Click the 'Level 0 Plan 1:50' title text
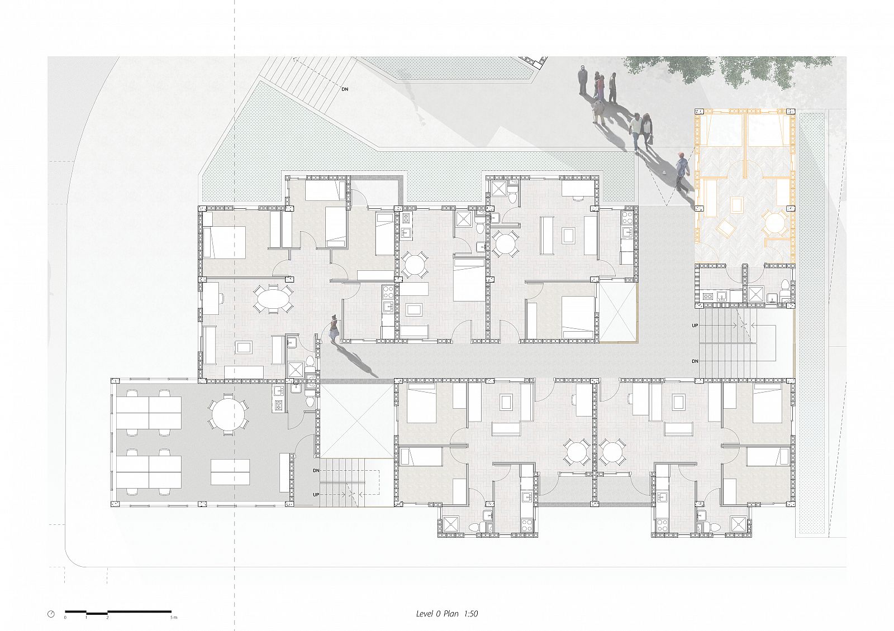coord(446,614)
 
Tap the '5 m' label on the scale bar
coord(174,618)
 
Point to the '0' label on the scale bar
coord(65,618)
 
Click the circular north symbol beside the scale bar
coord(51,614)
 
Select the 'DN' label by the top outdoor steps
coord(345,89)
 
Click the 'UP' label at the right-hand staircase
coord(695,326)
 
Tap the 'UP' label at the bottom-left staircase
coord(316,495)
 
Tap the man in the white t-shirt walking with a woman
coord(635,131)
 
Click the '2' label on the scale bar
coord(107,618)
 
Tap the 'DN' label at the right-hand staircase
coord(695,361)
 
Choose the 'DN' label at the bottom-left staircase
coord(316,471)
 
